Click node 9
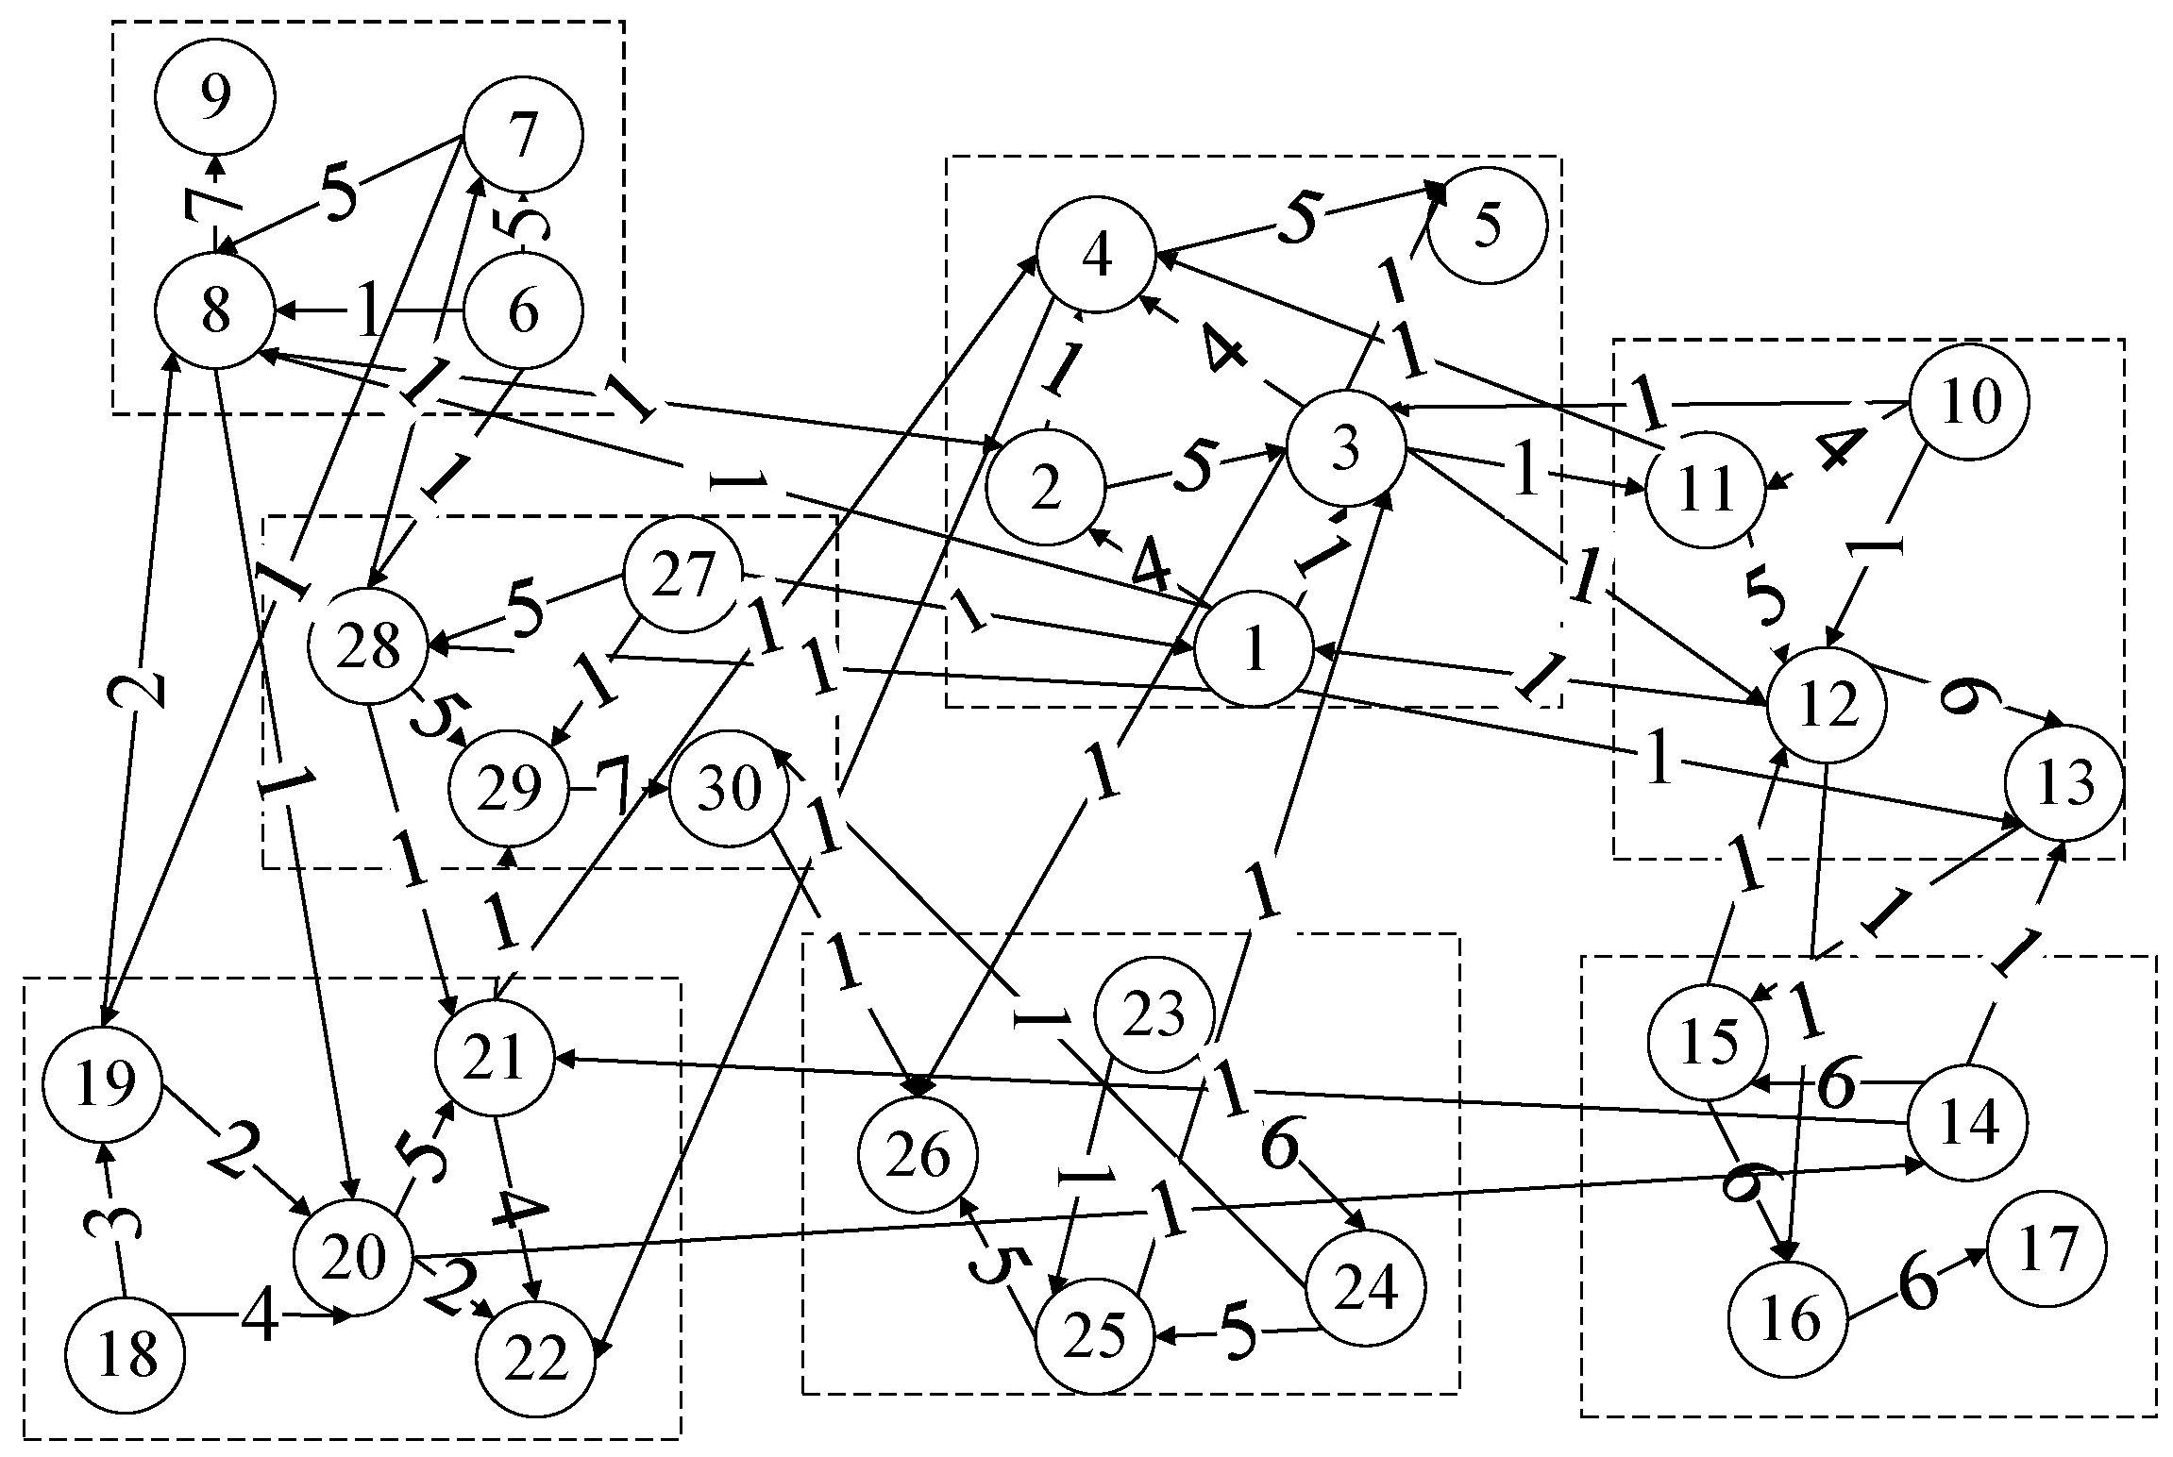tap(216, 97)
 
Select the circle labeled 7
tap(523, 135)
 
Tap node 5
tap(1487, 226)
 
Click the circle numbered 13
tap(2064, 783)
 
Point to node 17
tap(2047, 1248)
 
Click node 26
tap(918, 1155)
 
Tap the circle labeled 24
tap(1366, 1288)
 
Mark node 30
tap(729, 787)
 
